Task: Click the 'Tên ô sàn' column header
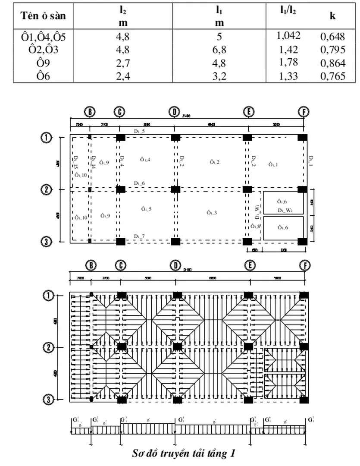pos(43,16)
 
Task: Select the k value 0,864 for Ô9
pos(332,63)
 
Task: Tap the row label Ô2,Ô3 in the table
pos(43,50)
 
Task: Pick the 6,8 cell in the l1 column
pos(219,50)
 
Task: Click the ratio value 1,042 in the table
pos(288,35)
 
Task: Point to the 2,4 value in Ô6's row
pos(123,76)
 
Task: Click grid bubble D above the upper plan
pos(174,112)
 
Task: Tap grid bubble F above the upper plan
pos(304,112)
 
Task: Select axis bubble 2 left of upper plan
pos(46,189)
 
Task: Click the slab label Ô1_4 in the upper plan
pos(145,160)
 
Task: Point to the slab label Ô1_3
pos(211,212)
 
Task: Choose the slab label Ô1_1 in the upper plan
pos(273,164)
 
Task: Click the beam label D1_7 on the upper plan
pos(139,236)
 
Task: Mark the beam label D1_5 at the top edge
pos(139,130)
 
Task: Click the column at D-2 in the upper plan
pos(175,189)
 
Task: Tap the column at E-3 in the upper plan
pos(247,241)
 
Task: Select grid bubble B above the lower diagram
pos(91,266)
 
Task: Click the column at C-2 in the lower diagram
pos(122,346)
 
